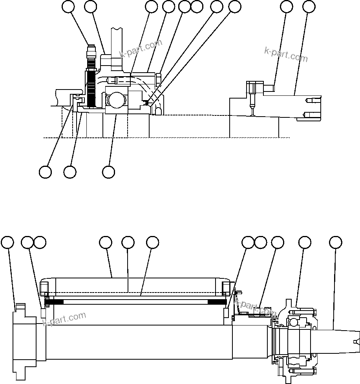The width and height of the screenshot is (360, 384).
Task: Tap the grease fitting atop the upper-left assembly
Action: click(x=91, y=53)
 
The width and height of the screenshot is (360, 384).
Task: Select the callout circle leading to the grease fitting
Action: click(x=69, y=7)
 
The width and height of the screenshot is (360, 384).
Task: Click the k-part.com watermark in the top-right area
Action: click(x=286, y=54)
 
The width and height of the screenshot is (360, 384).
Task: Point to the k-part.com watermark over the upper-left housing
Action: click(x=141, y=49)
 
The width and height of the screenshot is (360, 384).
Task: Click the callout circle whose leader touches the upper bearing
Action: click(x=108, y=172)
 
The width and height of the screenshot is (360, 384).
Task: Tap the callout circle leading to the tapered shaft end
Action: click(x=335, y=243)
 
